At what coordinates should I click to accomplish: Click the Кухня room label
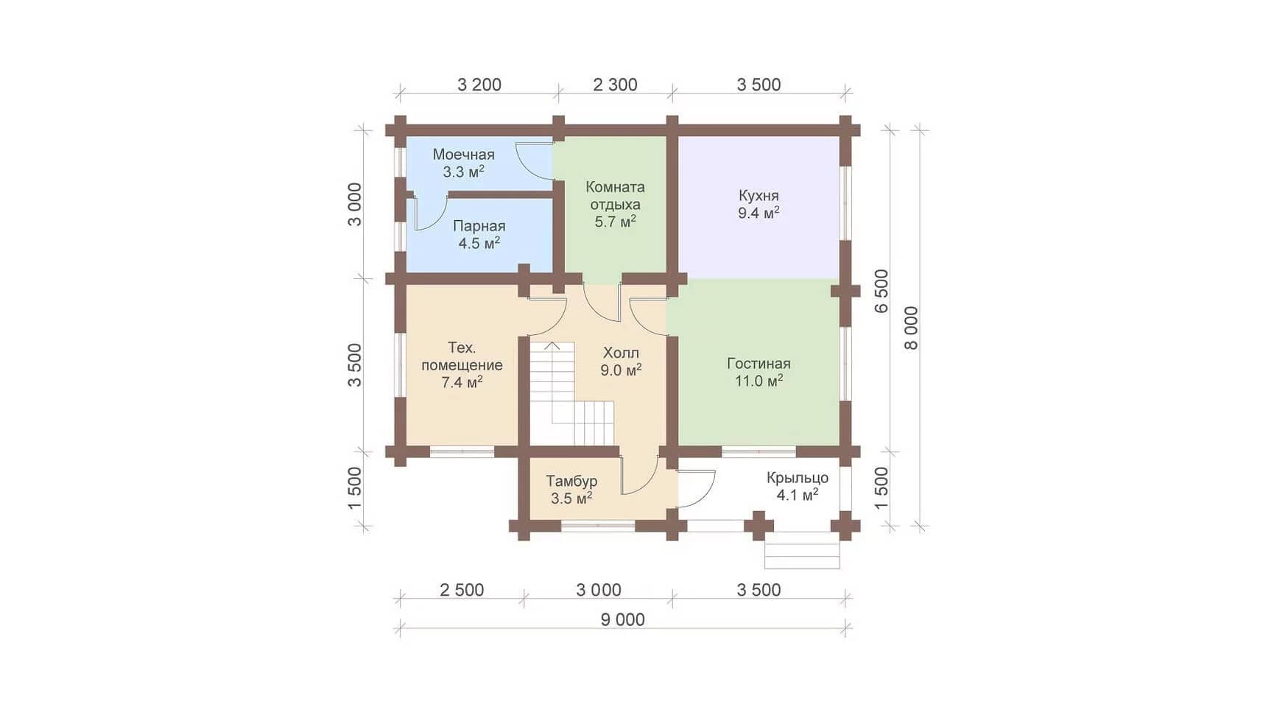coord(759,196)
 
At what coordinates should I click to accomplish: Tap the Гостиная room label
coord(759,364)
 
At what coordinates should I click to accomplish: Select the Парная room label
coord(479,227)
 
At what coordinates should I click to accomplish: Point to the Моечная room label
coord(463,155)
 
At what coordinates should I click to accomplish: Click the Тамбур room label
coord(571,481)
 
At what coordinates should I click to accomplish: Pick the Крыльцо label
coord(798,478)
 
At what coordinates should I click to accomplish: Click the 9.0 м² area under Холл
coord(621,370)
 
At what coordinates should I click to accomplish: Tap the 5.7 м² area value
coord(616,221)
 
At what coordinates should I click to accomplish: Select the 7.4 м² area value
coord(462,381)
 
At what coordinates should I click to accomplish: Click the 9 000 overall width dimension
coord(622,620)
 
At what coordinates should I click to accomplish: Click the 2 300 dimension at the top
coord(615,85)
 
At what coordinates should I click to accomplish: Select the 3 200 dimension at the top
coord(479,85)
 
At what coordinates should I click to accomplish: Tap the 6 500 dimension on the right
coord(881,291)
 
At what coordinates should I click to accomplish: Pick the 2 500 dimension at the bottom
coord(462,590)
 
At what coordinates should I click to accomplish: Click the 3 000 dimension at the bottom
coord(599,590)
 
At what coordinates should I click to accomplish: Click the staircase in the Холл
coord(571,393)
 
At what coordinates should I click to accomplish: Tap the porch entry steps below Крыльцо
coord(802,551)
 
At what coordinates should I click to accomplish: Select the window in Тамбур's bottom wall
coord(598,526)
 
